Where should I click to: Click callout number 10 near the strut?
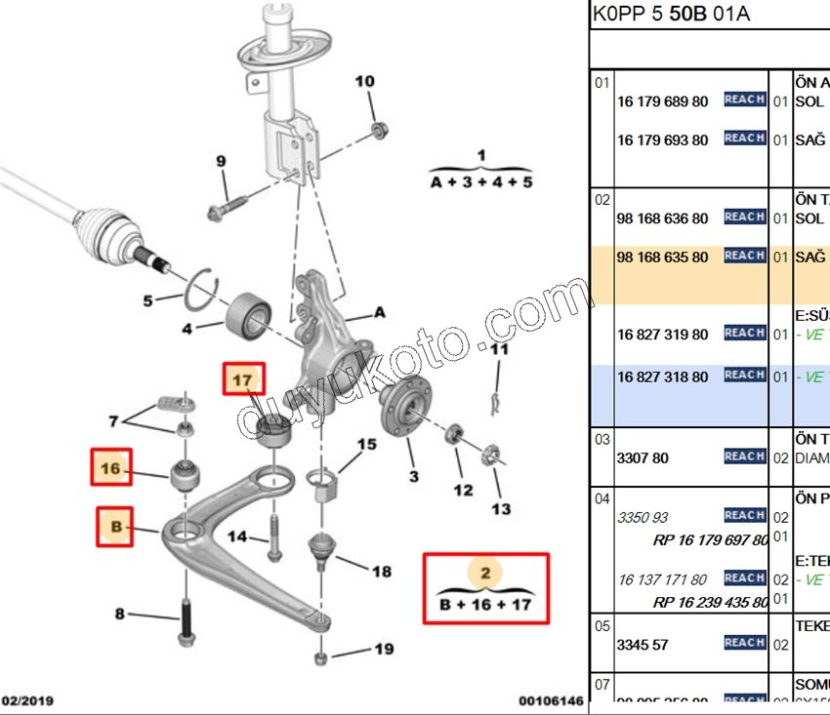[x=363, y=81]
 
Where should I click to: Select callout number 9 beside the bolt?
[x=221, y=161]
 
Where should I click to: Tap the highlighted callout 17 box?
[x=242, y=378]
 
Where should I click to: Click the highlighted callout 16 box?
[x=110, y=468]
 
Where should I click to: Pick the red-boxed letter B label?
[x=114, y=528]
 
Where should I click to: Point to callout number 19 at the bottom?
[x=383, y=649]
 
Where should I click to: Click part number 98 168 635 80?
[x=663, y=258]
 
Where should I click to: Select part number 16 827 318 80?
[x=663, y=377]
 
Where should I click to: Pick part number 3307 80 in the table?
[x=642, y=457]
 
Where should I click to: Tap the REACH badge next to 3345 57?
[x=744, y=643]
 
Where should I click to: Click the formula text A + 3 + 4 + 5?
[x=480, y=182]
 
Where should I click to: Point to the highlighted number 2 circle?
[x=484, y=573]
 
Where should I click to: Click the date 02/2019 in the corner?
[x=27, y=700]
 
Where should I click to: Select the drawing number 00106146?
[x=551, y=700]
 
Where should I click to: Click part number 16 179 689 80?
[x=663, y=101]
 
